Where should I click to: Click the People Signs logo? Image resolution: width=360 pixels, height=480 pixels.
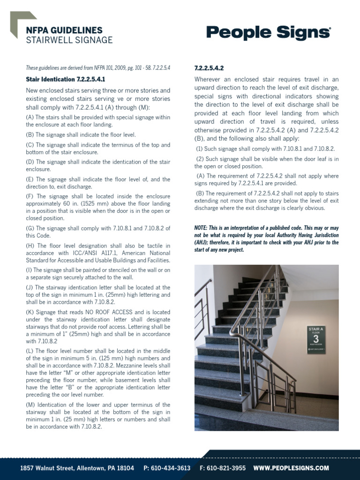[269, 33]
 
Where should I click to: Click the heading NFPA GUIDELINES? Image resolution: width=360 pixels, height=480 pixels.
[64, 30]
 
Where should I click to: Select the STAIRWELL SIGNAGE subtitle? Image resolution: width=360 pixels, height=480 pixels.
[69, 40]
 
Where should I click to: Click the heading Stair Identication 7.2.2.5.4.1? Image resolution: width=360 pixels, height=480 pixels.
[65, 79]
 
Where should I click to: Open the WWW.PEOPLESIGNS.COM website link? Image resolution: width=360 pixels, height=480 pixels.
[291, 468]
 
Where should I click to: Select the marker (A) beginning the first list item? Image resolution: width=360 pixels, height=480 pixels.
[30, 118]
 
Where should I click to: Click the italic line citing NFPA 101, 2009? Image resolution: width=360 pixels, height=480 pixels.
[98, 68]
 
